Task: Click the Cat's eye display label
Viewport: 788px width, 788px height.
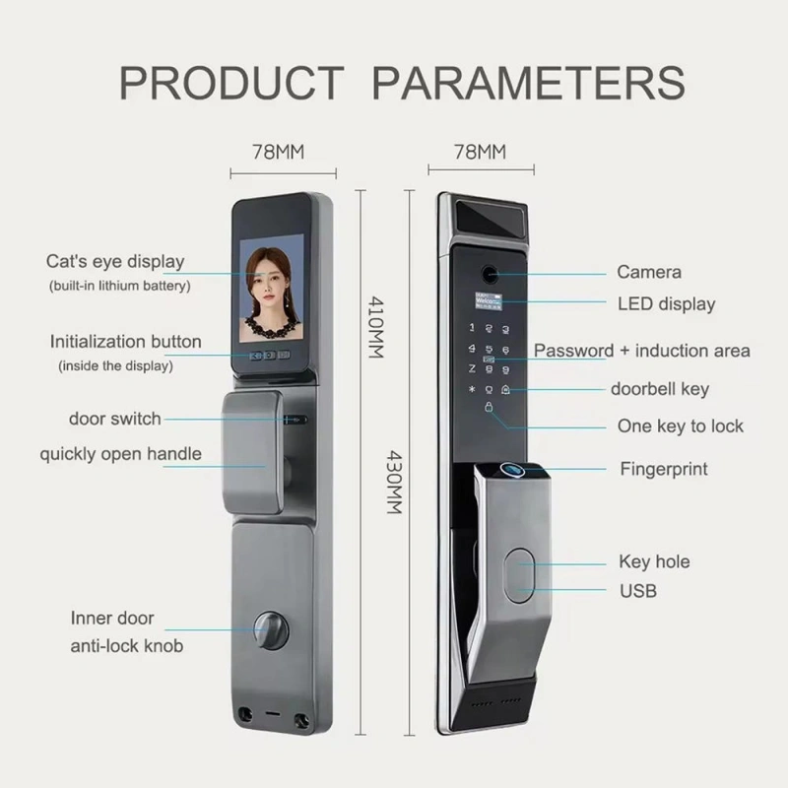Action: (115, 262)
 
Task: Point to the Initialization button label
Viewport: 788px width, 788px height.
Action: (126, 342)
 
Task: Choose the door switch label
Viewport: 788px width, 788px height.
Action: (115, 419)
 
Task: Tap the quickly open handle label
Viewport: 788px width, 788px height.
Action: (120, 454)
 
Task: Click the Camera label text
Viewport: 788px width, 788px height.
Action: (649, 272)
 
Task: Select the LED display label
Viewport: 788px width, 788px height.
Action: (666, 303)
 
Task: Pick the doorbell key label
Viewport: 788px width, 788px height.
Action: (659, 389)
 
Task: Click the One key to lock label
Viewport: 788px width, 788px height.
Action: (681, 427)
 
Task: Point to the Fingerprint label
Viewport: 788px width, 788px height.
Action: (664, 469)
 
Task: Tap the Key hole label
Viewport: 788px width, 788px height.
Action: (654, 561)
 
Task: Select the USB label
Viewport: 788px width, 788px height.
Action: (637, 591)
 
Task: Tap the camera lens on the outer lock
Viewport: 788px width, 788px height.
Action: (487, 270)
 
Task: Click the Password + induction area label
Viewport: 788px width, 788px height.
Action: (642, 351)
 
